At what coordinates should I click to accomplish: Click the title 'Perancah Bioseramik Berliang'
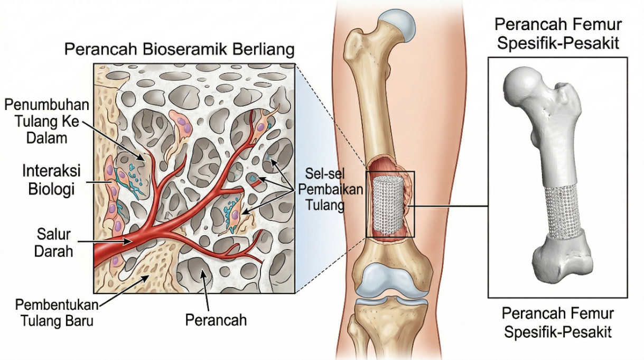[x=179, y=51]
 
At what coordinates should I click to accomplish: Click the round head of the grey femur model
[x=521, y=86]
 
